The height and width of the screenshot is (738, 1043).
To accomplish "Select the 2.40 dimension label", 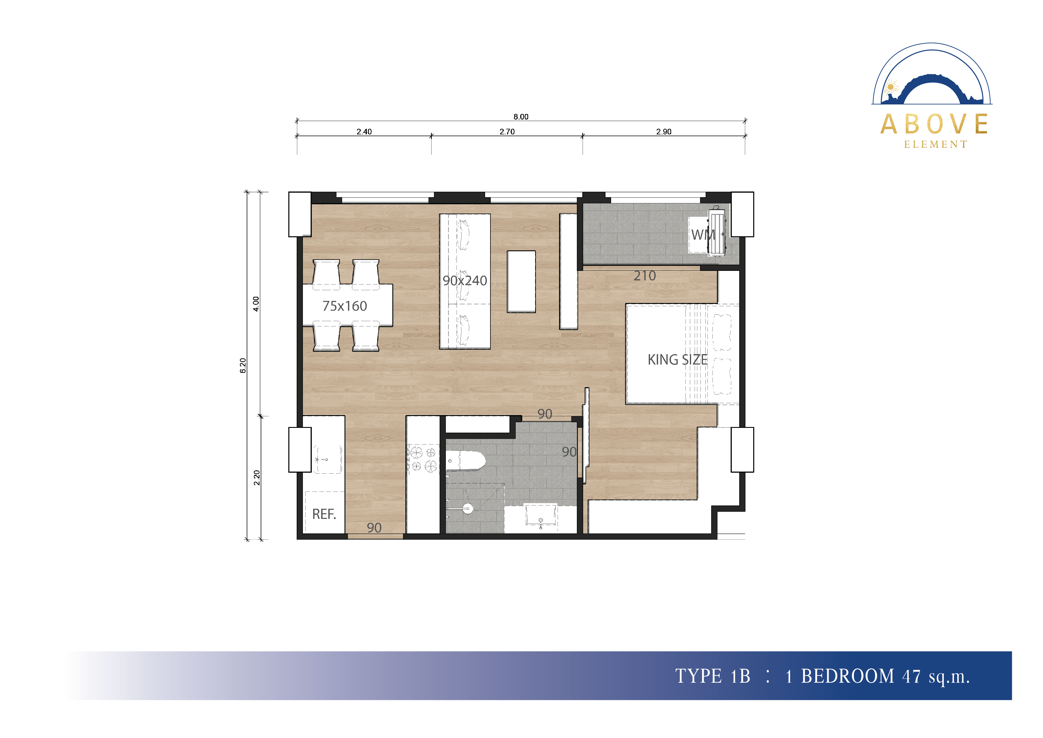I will (364, 132).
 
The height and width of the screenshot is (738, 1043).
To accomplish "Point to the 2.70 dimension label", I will (507, 132).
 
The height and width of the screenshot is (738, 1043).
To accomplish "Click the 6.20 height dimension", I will (243, 365).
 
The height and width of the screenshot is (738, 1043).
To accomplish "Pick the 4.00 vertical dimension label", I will (256, 304).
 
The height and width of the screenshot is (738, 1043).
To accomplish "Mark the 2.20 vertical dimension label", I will (257, 477).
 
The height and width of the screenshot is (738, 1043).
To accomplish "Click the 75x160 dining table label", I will (345, 306).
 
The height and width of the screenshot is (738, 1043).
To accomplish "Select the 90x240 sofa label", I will (465, 281).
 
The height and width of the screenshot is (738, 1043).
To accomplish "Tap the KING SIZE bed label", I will (677, 360).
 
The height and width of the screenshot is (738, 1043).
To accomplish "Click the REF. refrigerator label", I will (324, 514).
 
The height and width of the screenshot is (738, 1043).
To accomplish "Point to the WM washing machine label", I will (702, 235).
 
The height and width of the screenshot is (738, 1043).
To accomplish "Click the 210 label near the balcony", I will (645, 276).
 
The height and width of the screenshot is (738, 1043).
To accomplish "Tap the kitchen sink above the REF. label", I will (327, 459).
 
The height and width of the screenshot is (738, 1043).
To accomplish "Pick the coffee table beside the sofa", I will (521, 282).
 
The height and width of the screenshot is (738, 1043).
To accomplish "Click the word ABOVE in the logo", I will (934, 124).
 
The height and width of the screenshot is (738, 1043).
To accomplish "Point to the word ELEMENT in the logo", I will (935, 145).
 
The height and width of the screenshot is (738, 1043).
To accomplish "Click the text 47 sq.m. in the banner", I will (936, 676).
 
